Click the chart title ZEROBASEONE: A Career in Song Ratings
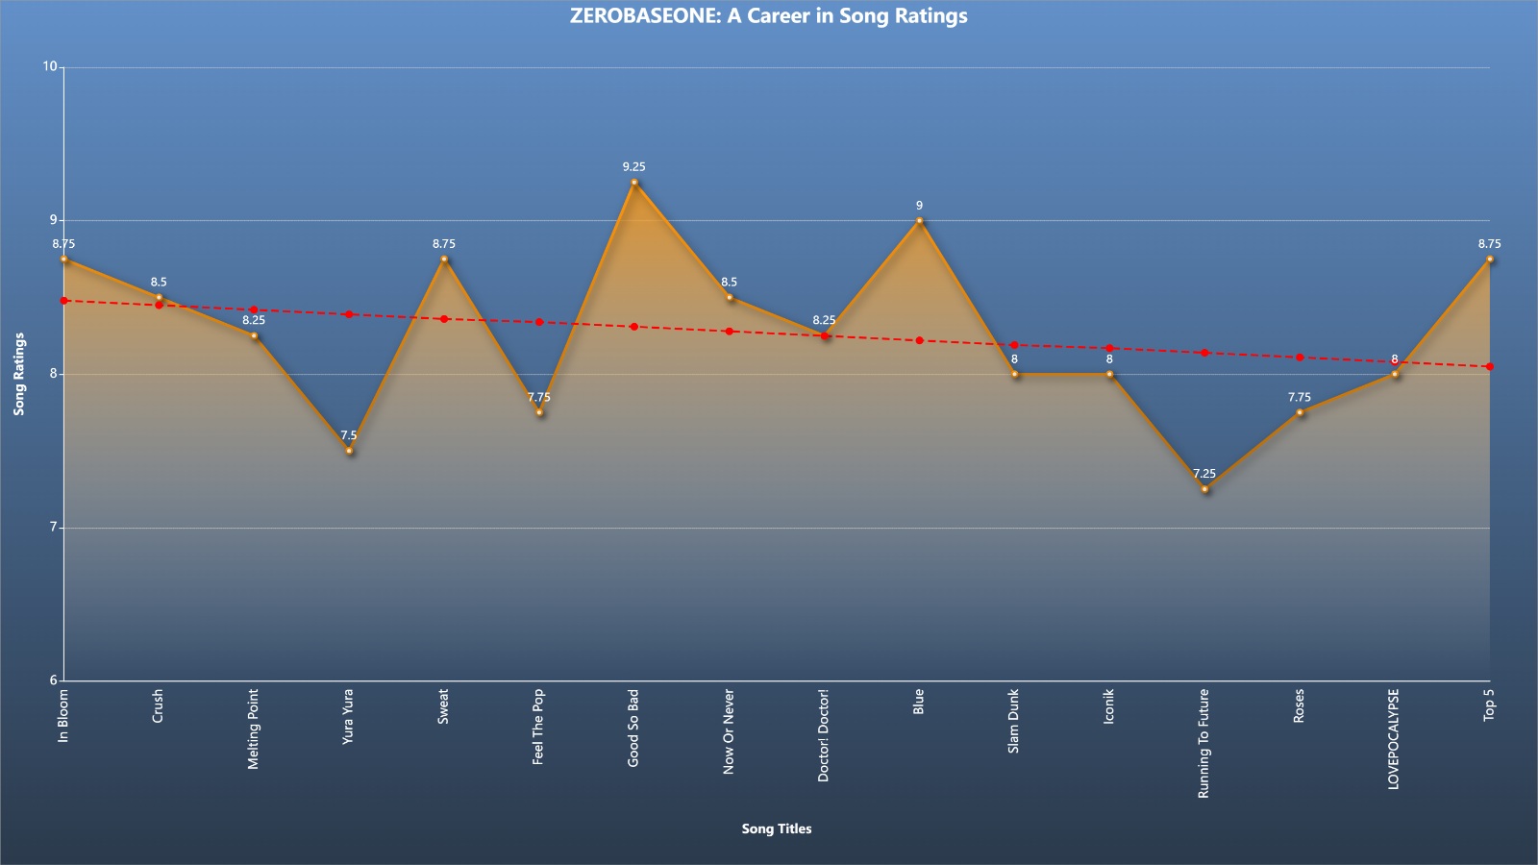pyautogui.click(x=768, y=15)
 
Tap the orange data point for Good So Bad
pyautogui.click(x=634, y=183)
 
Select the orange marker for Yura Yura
pyautogui.click(x=350, y=451)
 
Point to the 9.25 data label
pyautogui.click(x=633, y=167)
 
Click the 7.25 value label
pyautogui.click(x=1204, y=474)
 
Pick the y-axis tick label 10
pyautogui.click(x=50, y=66)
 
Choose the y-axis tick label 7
pyautogui.click(x=53, y=528)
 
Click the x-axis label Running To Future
pyautogui.click(x=1203, y=744)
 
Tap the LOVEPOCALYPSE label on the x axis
pyautogui.click(x=1394, y=739)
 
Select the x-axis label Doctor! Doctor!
pyautogui.click(x=824, y=735)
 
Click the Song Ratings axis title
pyautogui.click(x=19, y=374)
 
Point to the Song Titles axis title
pyautogui.click(x=777, y=828)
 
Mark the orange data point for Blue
pyautogui.click(x=919, y=221)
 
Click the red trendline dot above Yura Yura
pyautogui.click(x=349, y=314)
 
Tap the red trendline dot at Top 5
pyautogui.click(x=1490, y=366)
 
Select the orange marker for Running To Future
pyautogui.click(x=1205, y=489)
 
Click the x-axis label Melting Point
pyautogui.click(x=254, y=729)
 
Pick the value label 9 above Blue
pyautogui.click(x=919, y=206)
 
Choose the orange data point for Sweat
pyautogui.click(x=444, y=259)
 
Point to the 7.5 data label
pyautogui.click(x=349, y=435)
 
